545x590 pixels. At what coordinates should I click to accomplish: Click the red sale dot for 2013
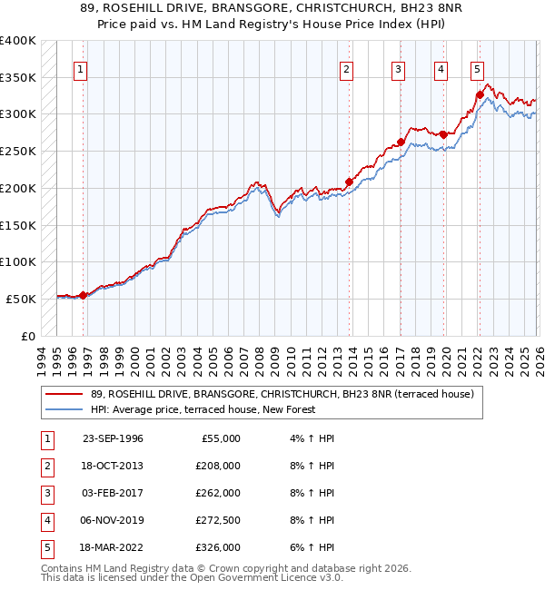349,182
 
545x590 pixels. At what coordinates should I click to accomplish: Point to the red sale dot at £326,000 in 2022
480,94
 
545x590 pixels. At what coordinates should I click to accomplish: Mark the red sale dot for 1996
83,294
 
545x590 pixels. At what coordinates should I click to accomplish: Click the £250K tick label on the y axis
18,151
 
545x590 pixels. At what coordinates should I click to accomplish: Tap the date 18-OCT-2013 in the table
113,466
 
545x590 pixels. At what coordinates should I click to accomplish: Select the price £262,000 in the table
218,493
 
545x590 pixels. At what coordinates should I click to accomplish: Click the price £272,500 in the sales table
218,520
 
